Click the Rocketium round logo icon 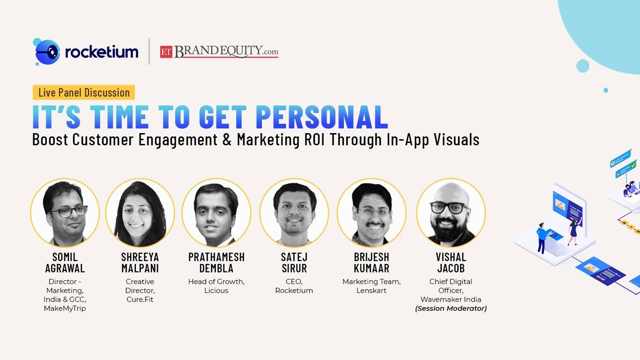coord(47,52)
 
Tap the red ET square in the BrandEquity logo coord(166,52)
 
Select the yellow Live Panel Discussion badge coord(84,92)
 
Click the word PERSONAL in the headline coord(322,117)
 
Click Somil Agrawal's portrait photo coord(65,212)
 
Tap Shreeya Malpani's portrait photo coord(140,212)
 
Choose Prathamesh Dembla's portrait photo coord(216,212)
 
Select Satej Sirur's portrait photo coord(294,212)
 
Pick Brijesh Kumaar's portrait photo coord(372,212)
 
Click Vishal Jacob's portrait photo coord(451,212)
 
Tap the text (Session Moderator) coord(451,308)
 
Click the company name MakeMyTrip coord(65,308)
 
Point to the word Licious coord(216,291)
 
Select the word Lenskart coord(372,291)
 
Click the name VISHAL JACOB coord(451,263)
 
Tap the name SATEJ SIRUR coord(294,263)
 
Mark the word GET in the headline coord(223,117)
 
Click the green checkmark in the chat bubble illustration coord(633,165)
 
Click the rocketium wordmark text coord(102,52)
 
